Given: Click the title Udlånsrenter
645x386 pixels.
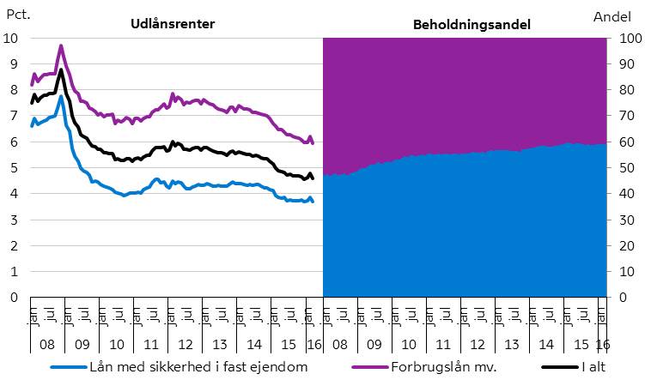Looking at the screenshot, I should click(x=172, y=24).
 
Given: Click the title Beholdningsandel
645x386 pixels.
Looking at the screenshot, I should click(x=472, y=25).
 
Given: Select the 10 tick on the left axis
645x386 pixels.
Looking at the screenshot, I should click(x=12, y=39).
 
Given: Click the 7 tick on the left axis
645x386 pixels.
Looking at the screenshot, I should click(x=12, y=116).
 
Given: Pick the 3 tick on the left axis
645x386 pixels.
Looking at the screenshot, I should click(x=12, y=220).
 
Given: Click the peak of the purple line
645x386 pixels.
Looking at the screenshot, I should click(x=60, y=45).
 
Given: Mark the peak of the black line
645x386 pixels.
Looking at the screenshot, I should click(x=60, y=69).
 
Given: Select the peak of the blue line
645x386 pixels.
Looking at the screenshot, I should click(x=61, y=96).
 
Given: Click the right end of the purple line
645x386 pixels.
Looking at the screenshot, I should click(x=313, y=142).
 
